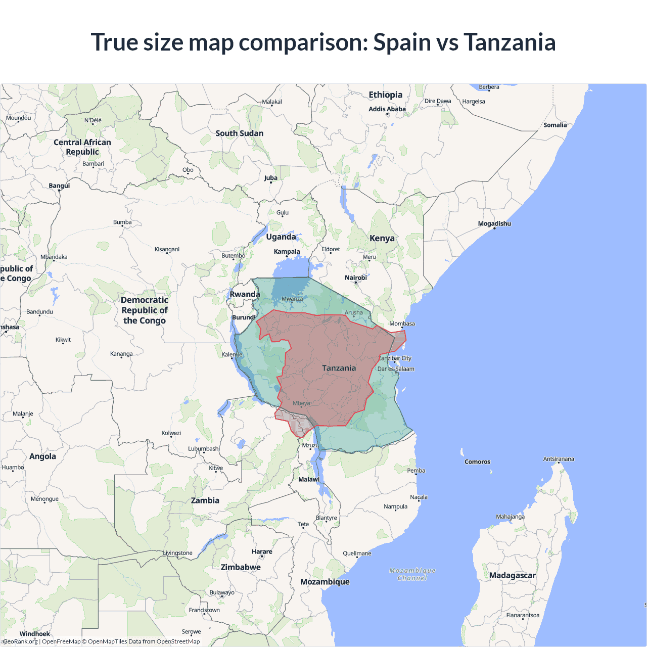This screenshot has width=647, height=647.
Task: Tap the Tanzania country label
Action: [x=339, y=368]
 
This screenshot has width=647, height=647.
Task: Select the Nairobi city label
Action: [x=355, y=278]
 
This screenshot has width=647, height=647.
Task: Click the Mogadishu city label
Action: [x=494, y=223]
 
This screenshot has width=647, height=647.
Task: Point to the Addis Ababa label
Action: [x=387, y=109]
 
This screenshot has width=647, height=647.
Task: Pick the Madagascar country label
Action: [x=512, y=575]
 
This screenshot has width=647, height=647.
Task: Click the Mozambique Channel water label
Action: [x=412, y=574]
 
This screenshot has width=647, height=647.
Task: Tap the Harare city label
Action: [x=261, y=551]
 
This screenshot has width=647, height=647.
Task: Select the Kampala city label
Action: [x=287, y=251]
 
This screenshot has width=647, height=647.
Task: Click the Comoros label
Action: [x=477, y=461]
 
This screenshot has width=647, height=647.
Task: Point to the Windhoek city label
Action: [x=34, y=633]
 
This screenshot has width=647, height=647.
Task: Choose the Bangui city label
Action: [x=59, y=186]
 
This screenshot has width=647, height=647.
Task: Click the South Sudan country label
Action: [x=239, y=133]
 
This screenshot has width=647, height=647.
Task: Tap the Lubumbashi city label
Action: [x=204, y=448]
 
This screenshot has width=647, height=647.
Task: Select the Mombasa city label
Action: [x=402, y=323]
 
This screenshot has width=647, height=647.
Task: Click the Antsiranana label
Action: [x=558, y=459]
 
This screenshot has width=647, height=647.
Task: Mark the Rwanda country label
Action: [x=245, y=294]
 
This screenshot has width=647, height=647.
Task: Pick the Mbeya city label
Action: [x=301, y=403]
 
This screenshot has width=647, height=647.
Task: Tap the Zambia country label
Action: [x=205, y=500]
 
